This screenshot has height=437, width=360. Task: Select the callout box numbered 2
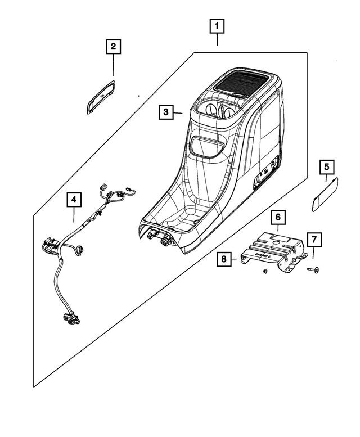click(x=113, y=47)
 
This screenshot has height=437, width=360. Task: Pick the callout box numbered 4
click(x=74, y=199)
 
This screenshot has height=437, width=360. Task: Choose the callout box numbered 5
click(x=327, y=167)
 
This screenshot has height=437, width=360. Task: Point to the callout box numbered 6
click(x=277, y=217)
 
